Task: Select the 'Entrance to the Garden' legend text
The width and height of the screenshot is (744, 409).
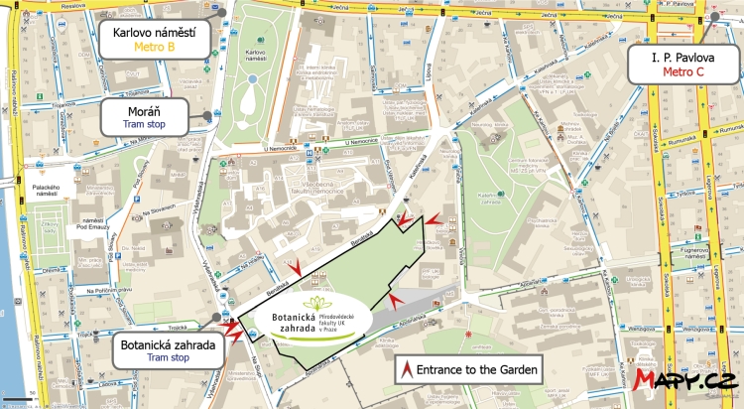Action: pos(477,370)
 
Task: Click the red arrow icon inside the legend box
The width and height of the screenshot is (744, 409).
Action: pos(407,370)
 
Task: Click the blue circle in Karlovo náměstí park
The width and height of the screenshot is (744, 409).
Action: pos(254,77)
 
